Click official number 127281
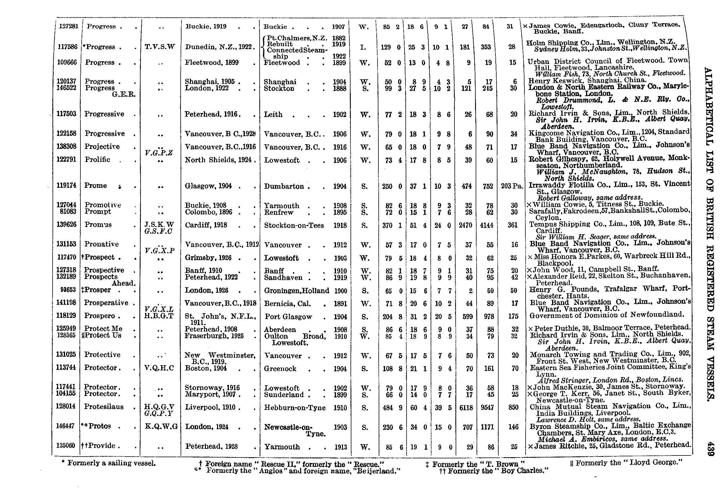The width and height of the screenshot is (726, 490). tap(69, 26)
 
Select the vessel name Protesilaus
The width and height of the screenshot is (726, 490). tap(104, 407)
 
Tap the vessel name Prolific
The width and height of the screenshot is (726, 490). tap(98, 160)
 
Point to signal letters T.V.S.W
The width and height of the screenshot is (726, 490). tap(160, 47)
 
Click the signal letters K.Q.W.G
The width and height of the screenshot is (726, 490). tap(161, 426)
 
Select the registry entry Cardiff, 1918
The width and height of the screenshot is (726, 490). tap(206, 225)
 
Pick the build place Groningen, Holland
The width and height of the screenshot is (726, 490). tap(296, 291)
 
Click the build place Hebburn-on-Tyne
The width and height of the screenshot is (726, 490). tap(295, 408)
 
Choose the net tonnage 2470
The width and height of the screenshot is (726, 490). tap(466, 225)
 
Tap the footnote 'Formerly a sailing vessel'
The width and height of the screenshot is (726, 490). tap(109, 463)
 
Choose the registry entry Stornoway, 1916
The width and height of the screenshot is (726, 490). tap(212, 388)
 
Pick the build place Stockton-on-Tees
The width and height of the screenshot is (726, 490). tap(294, 226)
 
